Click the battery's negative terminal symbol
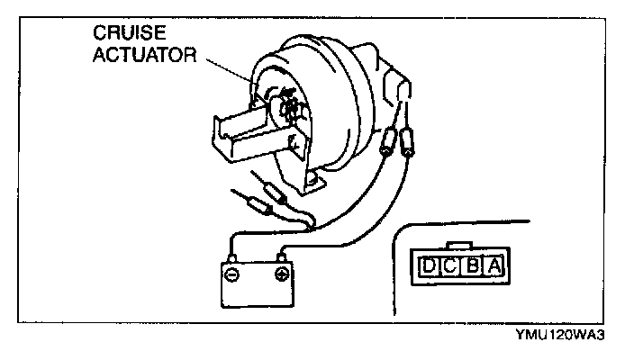click(232, 271)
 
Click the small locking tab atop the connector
click(461, 245)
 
